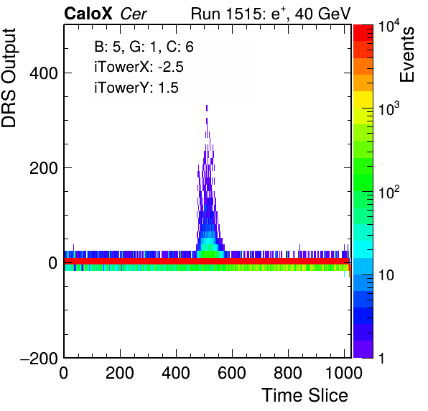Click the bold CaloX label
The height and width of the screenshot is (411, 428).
pos(88,14)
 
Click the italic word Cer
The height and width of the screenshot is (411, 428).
pos(134,14)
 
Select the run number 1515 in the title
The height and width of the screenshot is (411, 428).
pos(243,14)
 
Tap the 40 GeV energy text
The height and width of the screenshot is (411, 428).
pos(322,14)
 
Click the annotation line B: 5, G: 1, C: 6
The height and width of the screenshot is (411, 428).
pos(144,47)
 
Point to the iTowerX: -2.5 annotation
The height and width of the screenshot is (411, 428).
pos(139,67)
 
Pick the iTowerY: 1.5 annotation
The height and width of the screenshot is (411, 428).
pos(136,88)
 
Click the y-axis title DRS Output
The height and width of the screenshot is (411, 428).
pos(9,78)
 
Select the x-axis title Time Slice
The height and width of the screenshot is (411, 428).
pos(305,395)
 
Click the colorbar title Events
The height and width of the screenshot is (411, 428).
pos(407,55)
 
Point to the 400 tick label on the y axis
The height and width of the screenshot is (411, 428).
pos(43,73)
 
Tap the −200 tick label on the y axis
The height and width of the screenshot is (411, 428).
pos(39,358)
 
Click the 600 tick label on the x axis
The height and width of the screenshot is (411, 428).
pos(232,373)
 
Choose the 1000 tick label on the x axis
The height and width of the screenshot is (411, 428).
pos(344,373)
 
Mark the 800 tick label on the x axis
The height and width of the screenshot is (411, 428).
pos(288,373)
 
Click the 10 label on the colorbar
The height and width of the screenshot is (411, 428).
pos(386,275)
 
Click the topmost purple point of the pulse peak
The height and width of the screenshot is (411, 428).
pos(207,106)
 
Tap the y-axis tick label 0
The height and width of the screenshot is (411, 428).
pos(53,263)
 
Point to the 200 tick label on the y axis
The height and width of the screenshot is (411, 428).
pos(43,168)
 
